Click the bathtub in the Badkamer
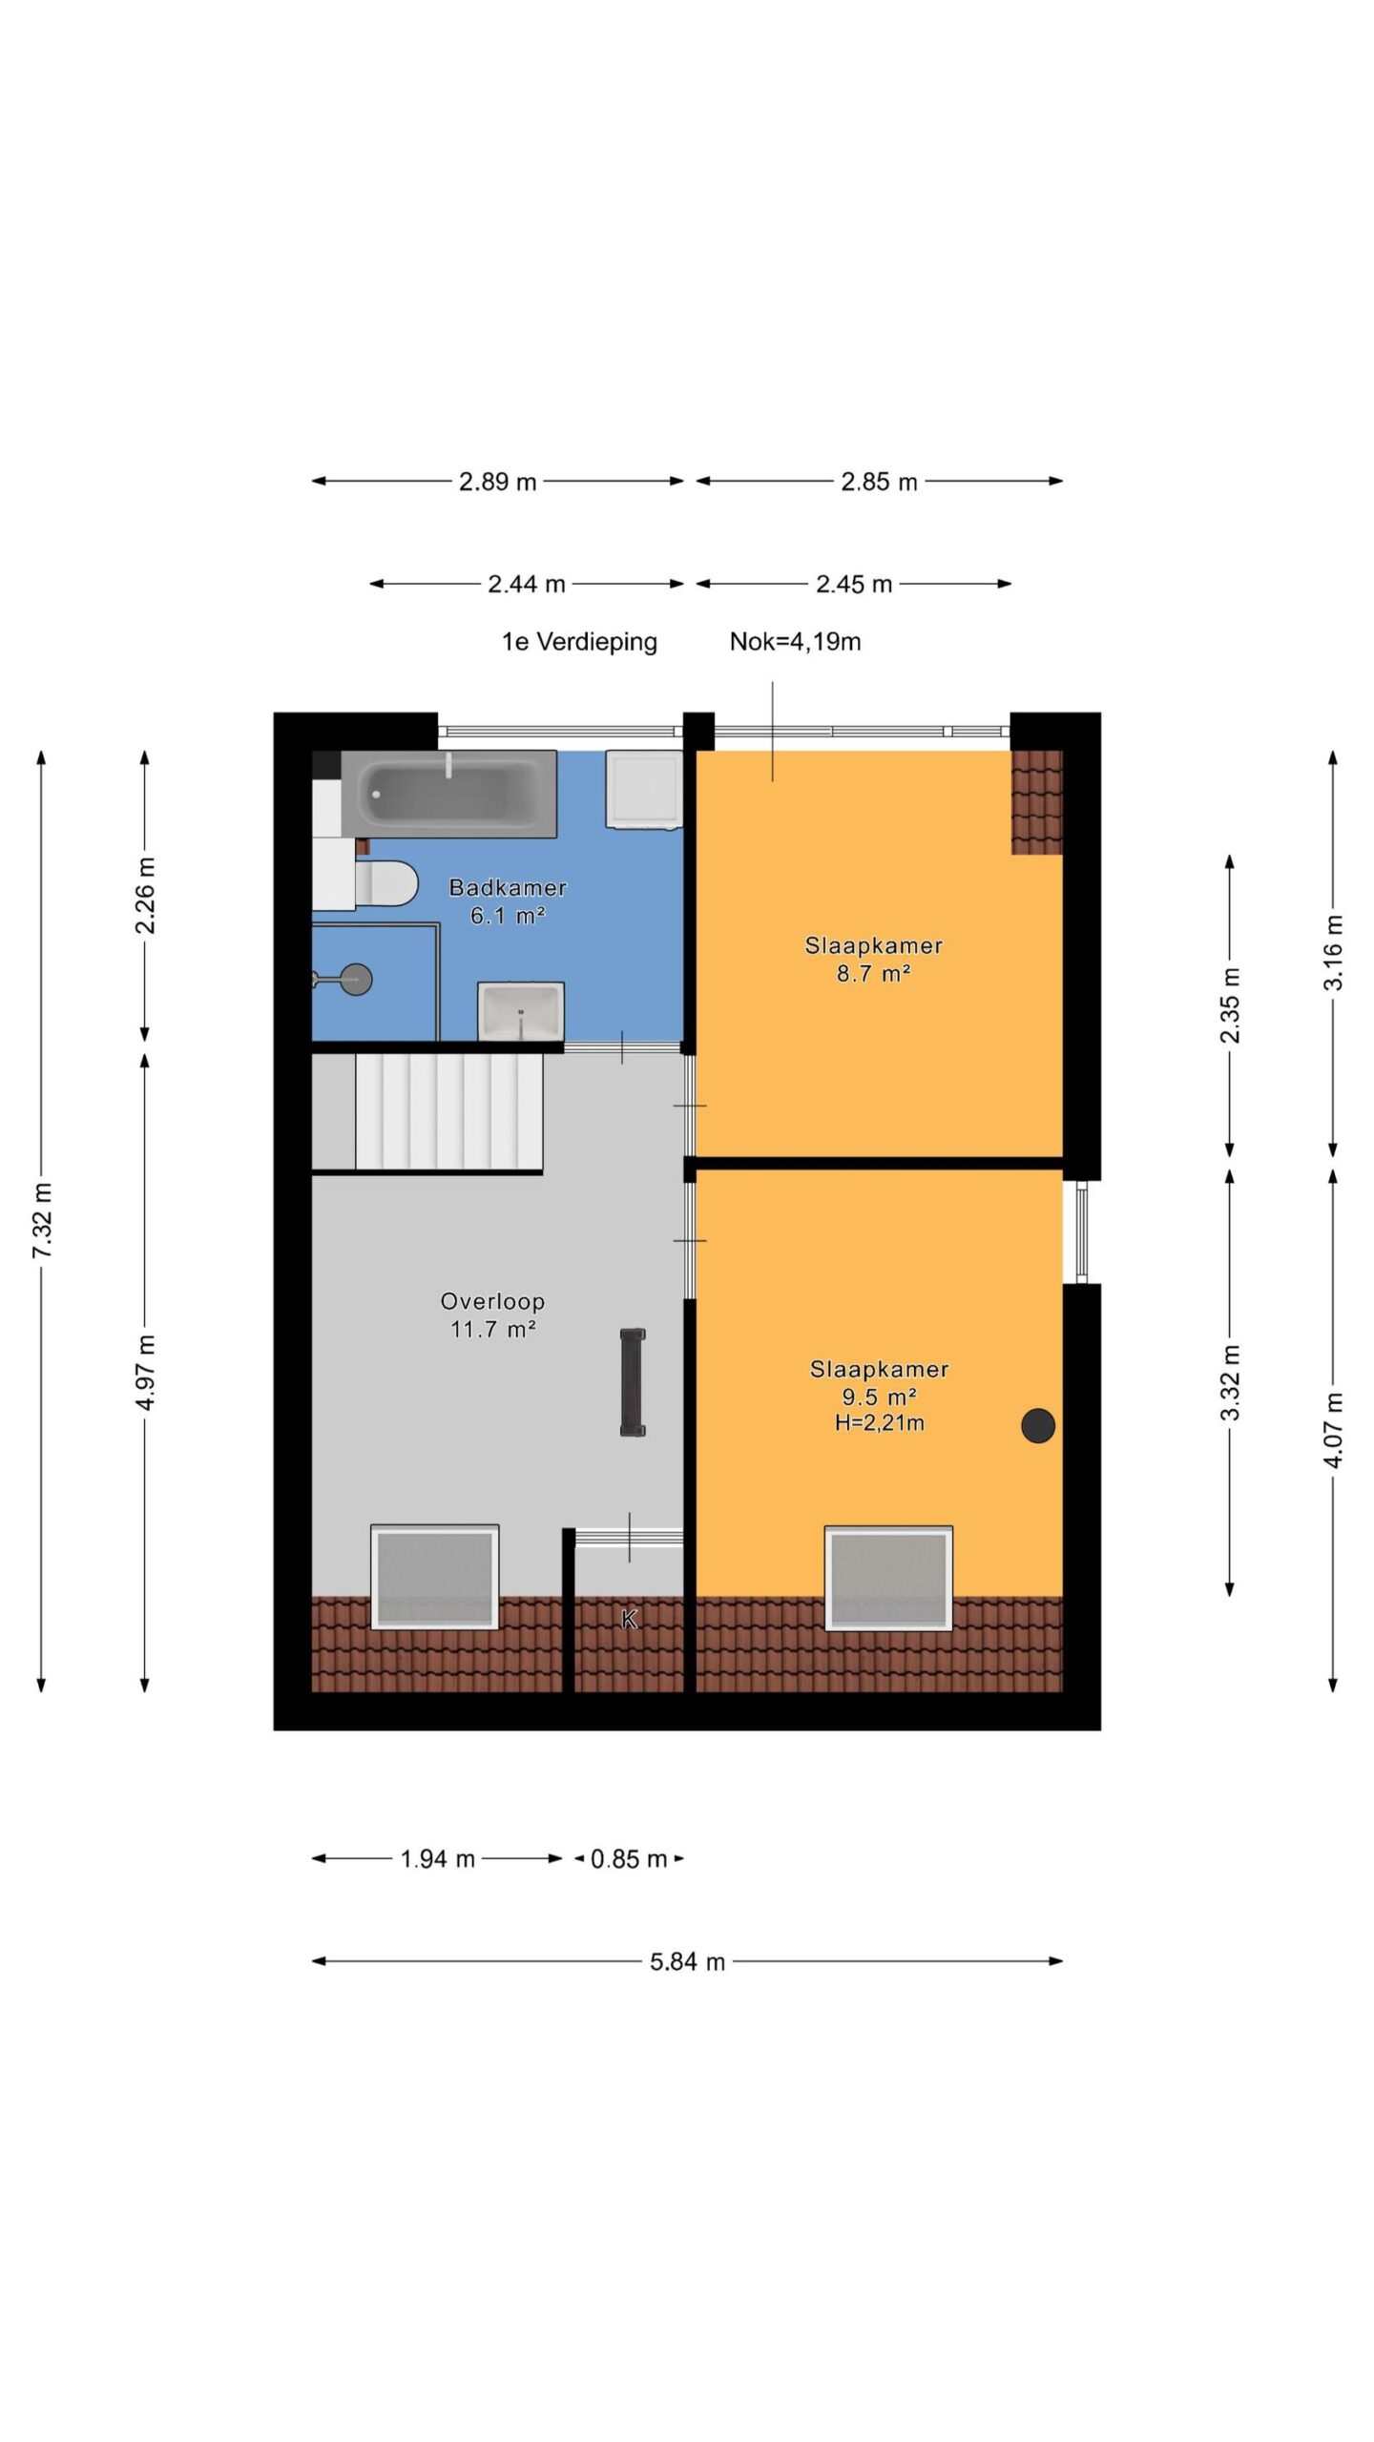[x=448, y=793]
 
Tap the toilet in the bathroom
[x=385, y=883]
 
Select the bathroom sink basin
[x=521, y=1010]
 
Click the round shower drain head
[x=357, y=979]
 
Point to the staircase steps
[x=449, y=1111]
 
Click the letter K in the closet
[x=629, y=1619]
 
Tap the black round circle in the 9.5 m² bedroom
[x=1038, y=1425]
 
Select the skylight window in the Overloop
[x=435, y=1577]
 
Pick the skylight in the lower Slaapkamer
[x=888, y=1578]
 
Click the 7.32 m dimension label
[x=42, y=1220]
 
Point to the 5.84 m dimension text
[x=687, y=1961]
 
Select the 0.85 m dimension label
[x=629, y=1858]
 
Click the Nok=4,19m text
[x=795, y=641]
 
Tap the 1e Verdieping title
[x=579, y=642]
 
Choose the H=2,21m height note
[x=879, y=1423]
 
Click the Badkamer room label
[x=508, y=888]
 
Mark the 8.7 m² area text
[x=873, y=974]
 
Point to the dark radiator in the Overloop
[x=633, y=1382]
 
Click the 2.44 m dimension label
[x=527, y=584]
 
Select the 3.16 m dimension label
[x=1333, y=953]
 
